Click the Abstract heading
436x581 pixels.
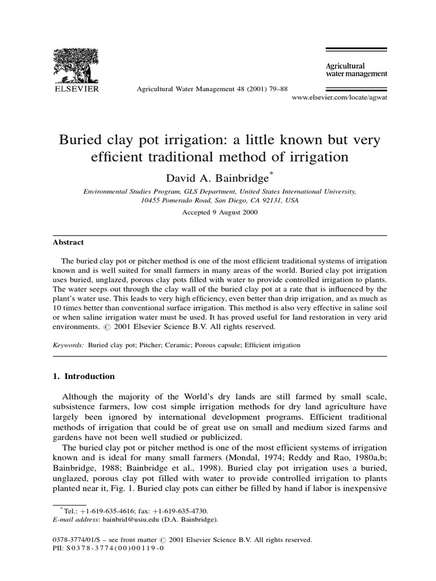point(68,242)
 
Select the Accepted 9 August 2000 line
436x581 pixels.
point(220,213)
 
